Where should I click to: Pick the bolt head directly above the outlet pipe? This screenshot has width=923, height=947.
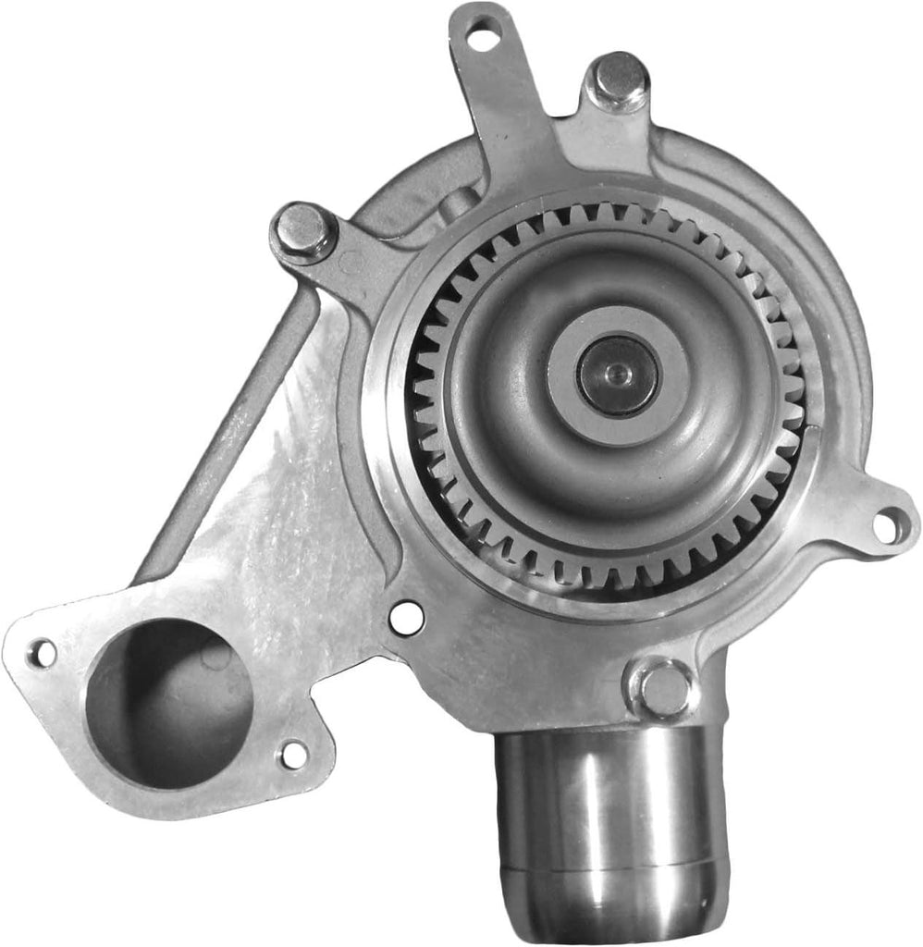click(663, 687)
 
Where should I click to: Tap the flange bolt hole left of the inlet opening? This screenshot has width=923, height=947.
click(40, 654)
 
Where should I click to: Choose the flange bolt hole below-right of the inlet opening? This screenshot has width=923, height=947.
click(293, 755)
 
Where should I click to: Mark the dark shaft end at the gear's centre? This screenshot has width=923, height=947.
click(617, 375)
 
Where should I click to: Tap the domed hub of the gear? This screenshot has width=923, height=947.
click(518, 444)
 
